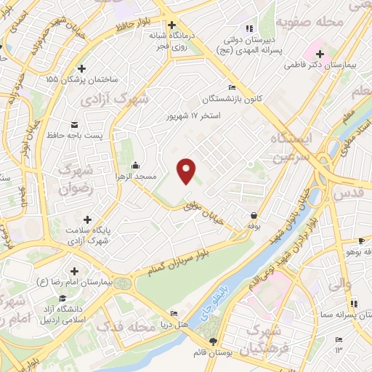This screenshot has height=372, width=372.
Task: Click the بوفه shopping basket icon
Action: tap(254, 215)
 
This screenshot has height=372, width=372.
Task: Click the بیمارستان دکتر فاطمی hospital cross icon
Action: tap(320, 53)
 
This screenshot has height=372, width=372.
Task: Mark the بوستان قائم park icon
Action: tap(212, 341)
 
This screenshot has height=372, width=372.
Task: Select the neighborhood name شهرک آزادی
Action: tap(124, 96)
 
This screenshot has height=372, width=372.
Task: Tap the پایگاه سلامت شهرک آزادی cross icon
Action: tap(87, 219)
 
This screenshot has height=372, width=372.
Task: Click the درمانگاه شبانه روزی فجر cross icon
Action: tap(171, 25)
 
